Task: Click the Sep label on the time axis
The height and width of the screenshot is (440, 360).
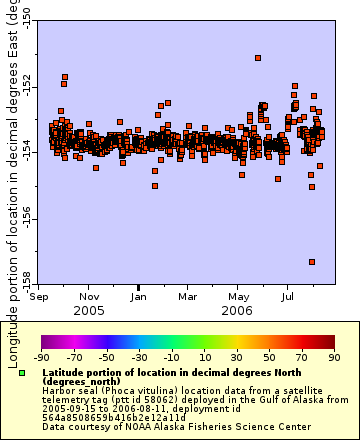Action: pos(40,296)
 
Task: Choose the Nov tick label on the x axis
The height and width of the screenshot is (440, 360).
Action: pos(89,296)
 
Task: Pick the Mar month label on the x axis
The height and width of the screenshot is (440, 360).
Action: pos(188,296)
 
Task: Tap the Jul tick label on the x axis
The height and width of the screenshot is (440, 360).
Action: pos(288,296)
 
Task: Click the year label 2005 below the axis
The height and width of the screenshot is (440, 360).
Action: pos(89,310)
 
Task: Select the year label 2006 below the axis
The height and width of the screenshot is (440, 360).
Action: pos(238,310)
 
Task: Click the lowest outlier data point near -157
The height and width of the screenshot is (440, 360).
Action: pos(312,262)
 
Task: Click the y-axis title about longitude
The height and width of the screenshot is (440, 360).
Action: pos(10,150)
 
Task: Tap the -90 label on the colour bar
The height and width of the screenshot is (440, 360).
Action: pos(41,356)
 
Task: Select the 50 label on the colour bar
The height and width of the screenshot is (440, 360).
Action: pos(270,356)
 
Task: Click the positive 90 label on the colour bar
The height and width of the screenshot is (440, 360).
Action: pos(334,356)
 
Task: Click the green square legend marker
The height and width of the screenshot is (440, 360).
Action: pos(21,373)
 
